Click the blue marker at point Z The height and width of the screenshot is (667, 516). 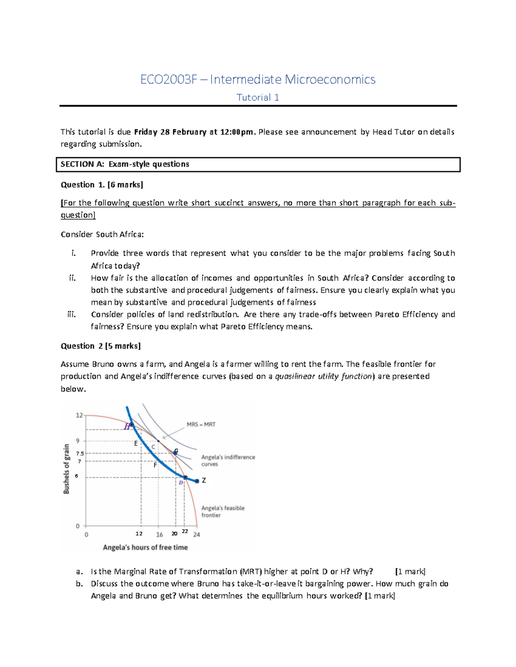point(197,481)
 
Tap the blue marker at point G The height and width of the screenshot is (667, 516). point(175,453)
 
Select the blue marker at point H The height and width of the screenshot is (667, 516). point(132,425)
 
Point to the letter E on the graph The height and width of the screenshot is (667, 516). point(136,443)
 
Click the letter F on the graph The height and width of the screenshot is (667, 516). point(155,465)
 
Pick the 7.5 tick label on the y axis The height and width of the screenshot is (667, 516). point(80,453)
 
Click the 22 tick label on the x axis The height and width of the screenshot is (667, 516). point(185,531)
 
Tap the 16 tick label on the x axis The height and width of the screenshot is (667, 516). point(160,535)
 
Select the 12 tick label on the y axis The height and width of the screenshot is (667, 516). point(79,415)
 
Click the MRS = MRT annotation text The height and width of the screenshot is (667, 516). point(201,424)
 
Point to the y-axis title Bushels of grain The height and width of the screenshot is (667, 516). point(67,469)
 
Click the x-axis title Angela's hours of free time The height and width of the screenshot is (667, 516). point(145,547)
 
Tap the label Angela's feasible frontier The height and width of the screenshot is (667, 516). point(223,512)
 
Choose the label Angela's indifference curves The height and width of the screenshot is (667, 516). point(228,460)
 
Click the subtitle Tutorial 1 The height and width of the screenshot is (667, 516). point(258,97)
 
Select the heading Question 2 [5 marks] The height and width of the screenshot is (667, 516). point(101,346)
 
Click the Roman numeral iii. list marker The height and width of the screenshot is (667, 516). point(72,314)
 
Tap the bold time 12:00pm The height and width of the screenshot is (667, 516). point(237,132)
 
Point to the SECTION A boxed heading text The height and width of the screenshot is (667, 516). point(125,164)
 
